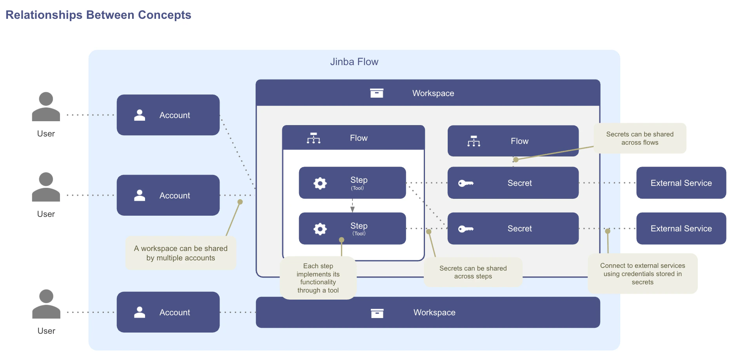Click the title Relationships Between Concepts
tap(98, 15)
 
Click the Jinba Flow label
tap(354, 62)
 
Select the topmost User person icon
tap(46, 107)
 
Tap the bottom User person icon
tap(46, 304)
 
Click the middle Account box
tap(168, 195)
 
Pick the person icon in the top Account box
tap(140, 115)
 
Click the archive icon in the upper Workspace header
tap(377, 93)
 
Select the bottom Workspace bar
tap(428, 313)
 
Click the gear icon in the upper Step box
tap(320, 183)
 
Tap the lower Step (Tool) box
tap(352, 229)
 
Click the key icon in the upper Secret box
tap(466, 183)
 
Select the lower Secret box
tap(513, 229)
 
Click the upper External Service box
tap(681, 183)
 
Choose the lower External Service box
tap(681, 229)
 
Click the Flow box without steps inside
tap(513, 141)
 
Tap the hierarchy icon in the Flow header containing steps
tap(314, 138)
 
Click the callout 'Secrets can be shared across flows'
tap(640, 138)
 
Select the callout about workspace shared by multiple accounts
tap(181, 253)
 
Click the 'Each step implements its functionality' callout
tap(318, 278)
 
